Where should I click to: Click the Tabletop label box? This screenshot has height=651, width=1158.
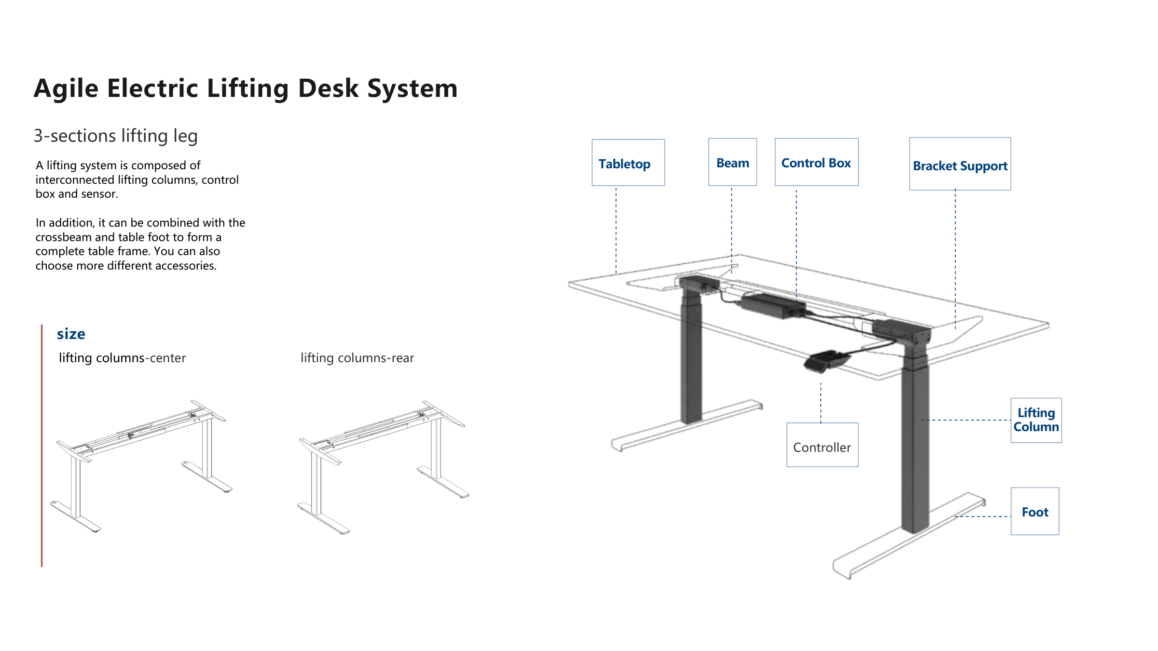pyautogui.click(x=628, y=163)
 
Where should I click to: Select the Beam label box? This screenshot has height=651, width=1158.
pyautogui.click(x=732, y=162)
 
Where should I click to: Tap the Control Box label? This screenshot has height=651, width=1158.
pyautogui.click(x=816, y=162)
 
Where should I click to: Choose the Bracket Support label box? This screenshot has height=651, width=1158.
pyautogui.click(x=960, y=164)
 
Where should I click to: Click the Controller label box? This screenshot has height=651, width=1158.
pyautogui.click(x=822, y=445)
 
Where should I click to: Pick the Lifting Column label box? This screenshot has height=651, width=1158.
pyautogui.click(x=1036, y=420)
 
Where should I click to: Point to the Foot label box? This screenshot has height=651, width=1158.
pyautogui.click(x=1035, y=511)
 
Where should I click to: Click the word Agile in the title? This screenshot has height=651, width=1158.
pyautogui.click(x=66, y=89)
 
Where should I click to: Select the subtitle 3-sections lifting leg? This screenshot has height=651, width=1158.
pyautogui.click(x=116, y=136)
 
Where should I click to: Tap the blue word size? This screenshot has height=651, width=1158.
pyautogui.click(x=71, y=334)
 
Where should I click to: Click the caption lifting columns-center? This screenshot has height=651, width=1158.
pyautogui.click(x=122, y=358)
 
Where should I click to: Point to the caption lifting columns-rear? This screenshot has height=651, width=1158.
pyautogui.click(x=357, y=358)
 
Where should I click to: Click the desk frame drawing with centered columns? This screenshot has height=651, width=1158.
pyautogui.click(x=141, y=466)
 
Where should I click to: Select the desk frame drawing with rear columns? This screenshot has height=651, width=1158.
pyautogui.click(x=384, y=467)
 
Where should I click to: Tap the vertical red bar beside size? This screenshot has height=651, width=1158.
pyautogui.click(x=42, y=446)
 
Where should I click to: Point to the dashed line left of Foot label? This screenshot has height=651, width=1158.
pyautogui.click(x=983, y=516)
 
